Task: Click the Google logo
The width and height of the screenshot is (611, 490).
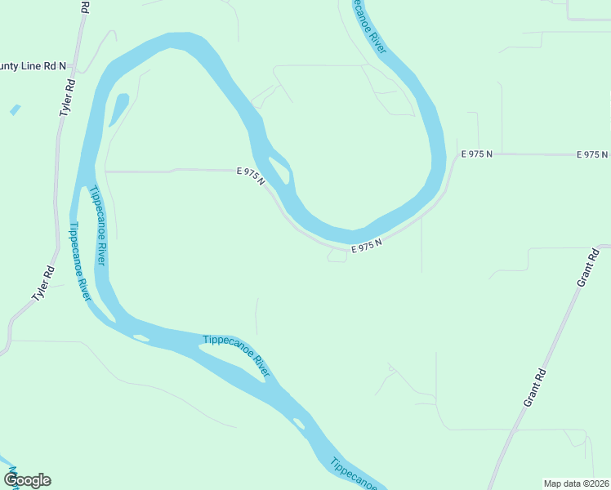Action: pos(28,479)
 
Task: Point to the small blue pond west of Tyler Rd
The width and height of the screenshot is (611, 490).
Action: pos(15,109)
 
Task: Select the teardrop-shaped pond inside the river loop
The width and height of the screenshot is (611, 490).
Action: pos(118,109)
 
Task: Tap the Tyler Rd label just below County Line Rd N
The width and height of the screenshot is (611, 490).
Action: pos(68,97)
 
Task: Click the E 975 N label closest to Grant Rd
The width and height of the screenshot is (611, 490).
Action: pos(592,154)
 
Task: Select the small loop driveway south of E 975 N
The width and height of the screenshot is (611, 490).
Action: pos(337,256)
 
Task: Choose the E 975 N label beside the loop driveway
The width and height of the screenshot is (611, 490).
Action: pos(367,244)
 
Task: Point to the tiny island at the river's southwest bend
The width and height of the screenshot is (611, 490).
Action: pos(140,338)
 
